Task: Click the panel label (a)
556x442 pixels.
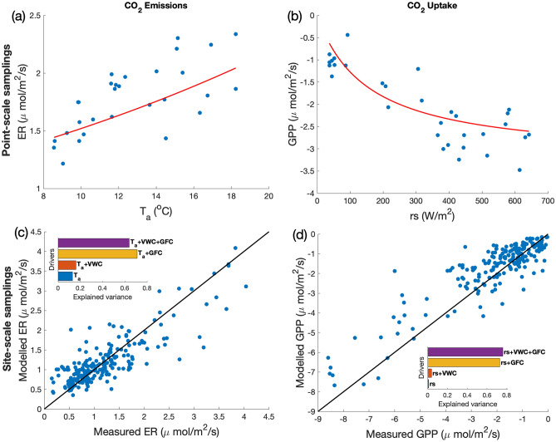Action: pyautogui.click(x=12, y=10)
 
